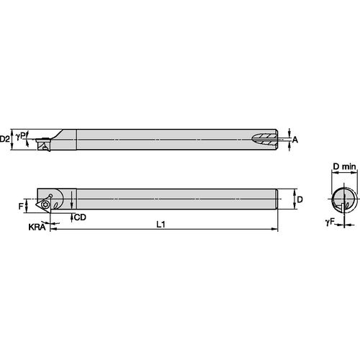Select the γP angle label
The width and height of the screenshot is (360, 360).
[21, 135]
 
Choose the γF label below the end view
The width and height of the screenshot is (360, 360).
[319, 224]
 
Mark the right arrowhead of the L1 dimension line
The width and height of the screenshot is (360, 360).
[275, 230]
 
